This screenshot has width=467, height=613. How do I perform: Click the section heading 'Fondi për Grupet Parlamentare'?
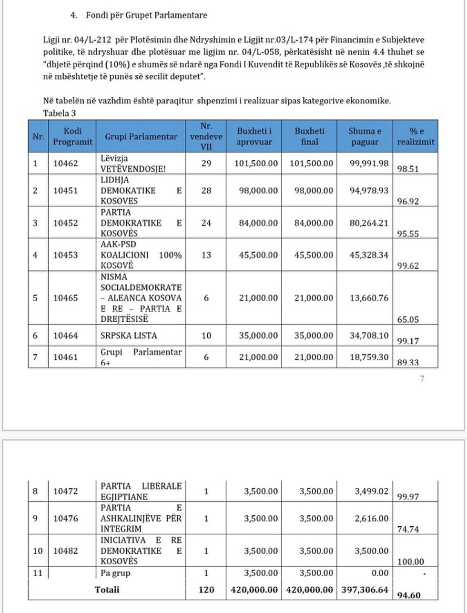[146, 15]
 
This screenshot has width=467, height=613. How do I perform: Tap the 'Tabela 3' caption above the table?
[60, 113]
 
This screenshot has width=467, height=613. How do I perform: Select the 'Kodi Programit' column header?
[72, 136]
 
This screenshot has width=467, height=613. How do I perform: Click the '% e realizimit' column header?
[416, 136]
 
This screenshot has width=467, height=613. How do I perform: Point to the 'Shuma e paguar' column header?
[365, 136]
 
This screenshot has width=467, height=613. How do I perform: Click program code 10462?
[65, 163]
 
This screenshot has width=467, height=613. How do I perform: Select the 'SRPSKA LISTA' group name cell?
[129, 336]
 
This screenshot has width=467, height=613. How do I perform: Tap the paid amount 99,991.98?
[369, 163]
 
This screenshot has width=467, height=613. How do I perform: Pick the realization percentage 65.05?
[408, 320]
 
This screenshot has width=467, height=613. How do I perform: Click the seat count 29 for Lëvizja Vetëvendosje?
[206, 163]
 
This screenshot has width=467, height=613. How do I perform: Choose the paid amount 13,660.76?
[369, 298]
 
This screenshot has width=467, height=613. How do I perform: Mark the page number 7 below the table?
[422, 379]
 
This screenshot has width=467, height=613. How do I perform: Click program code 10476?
[65, 518]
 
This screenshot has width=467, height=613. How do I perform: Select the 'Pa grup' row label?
[115, 573]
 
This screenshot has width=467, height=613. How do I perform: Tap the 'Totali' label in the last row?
[107, 590]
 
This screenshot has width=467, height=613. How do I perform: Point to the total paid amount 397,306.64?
[365, 590]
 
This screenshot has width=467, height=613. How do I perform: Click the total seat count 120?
[206, 590]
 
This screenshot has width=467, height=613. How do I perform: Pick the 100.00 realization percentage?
[410, 562]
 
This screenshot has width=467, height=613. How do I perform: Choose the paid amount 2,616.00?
[372, 518]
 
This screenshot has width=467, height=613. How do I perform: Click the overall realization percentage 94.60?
[409, 595]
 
